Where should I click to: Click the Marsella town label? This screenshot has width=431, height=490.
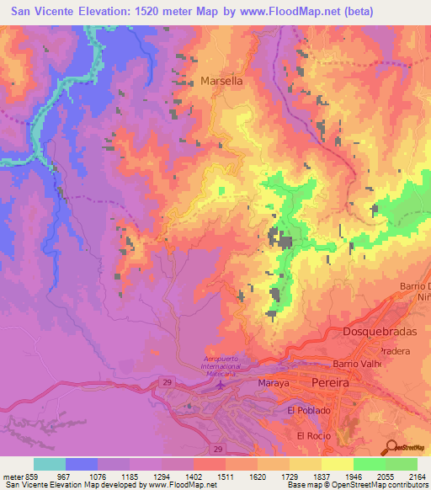pos(222,82)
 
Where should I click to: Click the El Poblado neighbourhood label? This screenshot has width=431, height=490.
pos(309,410)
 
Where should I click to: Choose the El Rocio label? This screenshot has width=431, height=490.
pos(314,435)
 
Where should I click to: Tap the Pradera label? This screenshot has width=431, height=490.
pos(393,349)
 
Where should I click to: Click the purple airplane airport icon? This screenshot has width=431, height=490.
pos(221,385)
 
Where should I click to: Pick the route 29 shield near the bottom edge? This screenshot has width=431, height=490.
pos(218,449)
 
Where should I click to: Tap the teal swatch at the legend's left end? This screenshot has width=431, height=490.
pos(50,464)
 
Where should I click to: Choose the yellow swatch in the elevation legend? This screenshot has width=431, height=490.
pos(337,464)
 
